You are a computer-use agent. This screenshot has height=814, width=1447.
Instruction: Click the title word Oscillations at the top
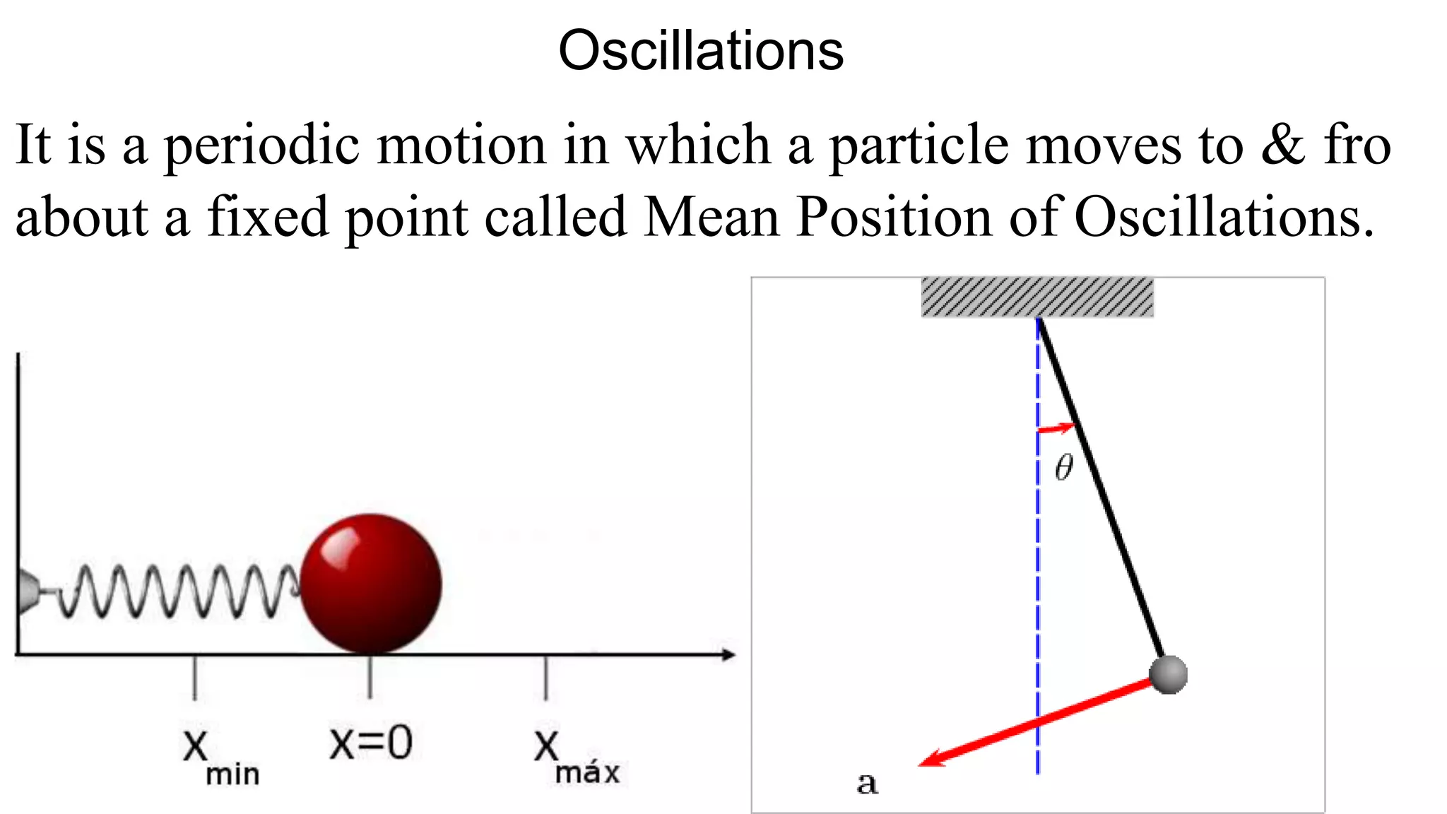(701, 51)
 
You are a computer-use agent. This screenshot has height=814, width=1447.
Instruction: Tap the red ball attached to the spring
(371, 584)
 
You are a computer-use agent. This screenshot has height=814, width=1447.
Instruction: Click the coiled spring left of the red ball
(177, 591)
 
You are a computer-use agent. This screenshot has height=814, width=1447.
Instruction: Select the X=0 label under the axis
(371, 743)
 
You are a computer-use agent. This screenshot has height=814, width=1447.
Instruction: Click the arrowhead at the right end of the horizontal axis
(728, 655)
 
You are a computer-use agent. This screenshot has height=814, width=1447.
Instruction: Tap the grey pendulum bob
(1168, 674)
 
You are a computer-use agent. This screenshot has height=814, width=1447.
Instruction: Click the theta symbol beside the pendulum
(1063, 467)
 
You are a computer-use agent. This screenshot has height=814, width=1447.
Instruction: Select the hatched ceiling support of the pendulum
(1037, 297)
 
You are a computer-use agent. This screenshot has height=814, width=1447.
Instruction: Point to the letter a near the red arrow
(867, 783)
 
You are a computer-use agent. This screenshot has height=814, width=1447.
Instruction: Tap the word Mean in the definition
(711, 217)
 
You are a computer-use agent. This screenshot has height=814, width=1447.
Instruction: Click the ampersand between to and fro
(1283, 145)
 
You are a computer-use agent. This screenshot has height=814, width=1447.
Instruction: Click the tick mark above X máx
(545, 678)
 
